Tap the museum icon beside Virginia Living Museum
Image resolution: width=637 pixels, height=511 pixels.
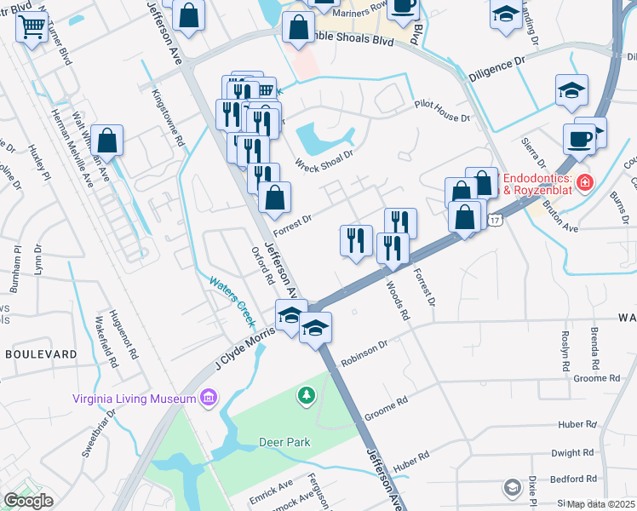[x=207, y=398]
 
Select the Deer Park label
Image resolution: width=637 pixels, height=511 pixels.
[x=285, y=442]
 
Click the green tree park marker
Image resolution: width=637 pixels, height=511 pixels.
[x=306, y=396]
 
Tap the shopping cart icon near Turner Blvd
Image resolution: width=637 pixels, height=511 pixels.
[x=32, y=28]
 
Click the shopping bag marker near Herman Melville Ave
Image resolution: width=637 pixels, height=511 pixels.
[x=108, y=141]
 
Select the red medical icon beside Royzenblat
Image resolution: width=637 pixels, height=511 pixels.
[x=585, y=181]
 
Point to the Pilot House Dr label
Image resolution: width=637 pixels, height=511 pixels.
[x=442, y=111]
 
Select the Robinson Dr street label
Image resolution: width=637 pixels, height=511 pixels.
[x=364, y=353]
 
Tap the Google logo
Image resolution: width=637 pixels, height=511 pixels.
[x=28, y=501]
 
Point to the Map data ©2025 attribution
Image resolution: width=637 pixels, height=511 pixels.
[x=600, y=504]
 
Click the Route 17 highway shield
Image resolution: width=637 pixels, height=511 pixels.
[x=496, y=220]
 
